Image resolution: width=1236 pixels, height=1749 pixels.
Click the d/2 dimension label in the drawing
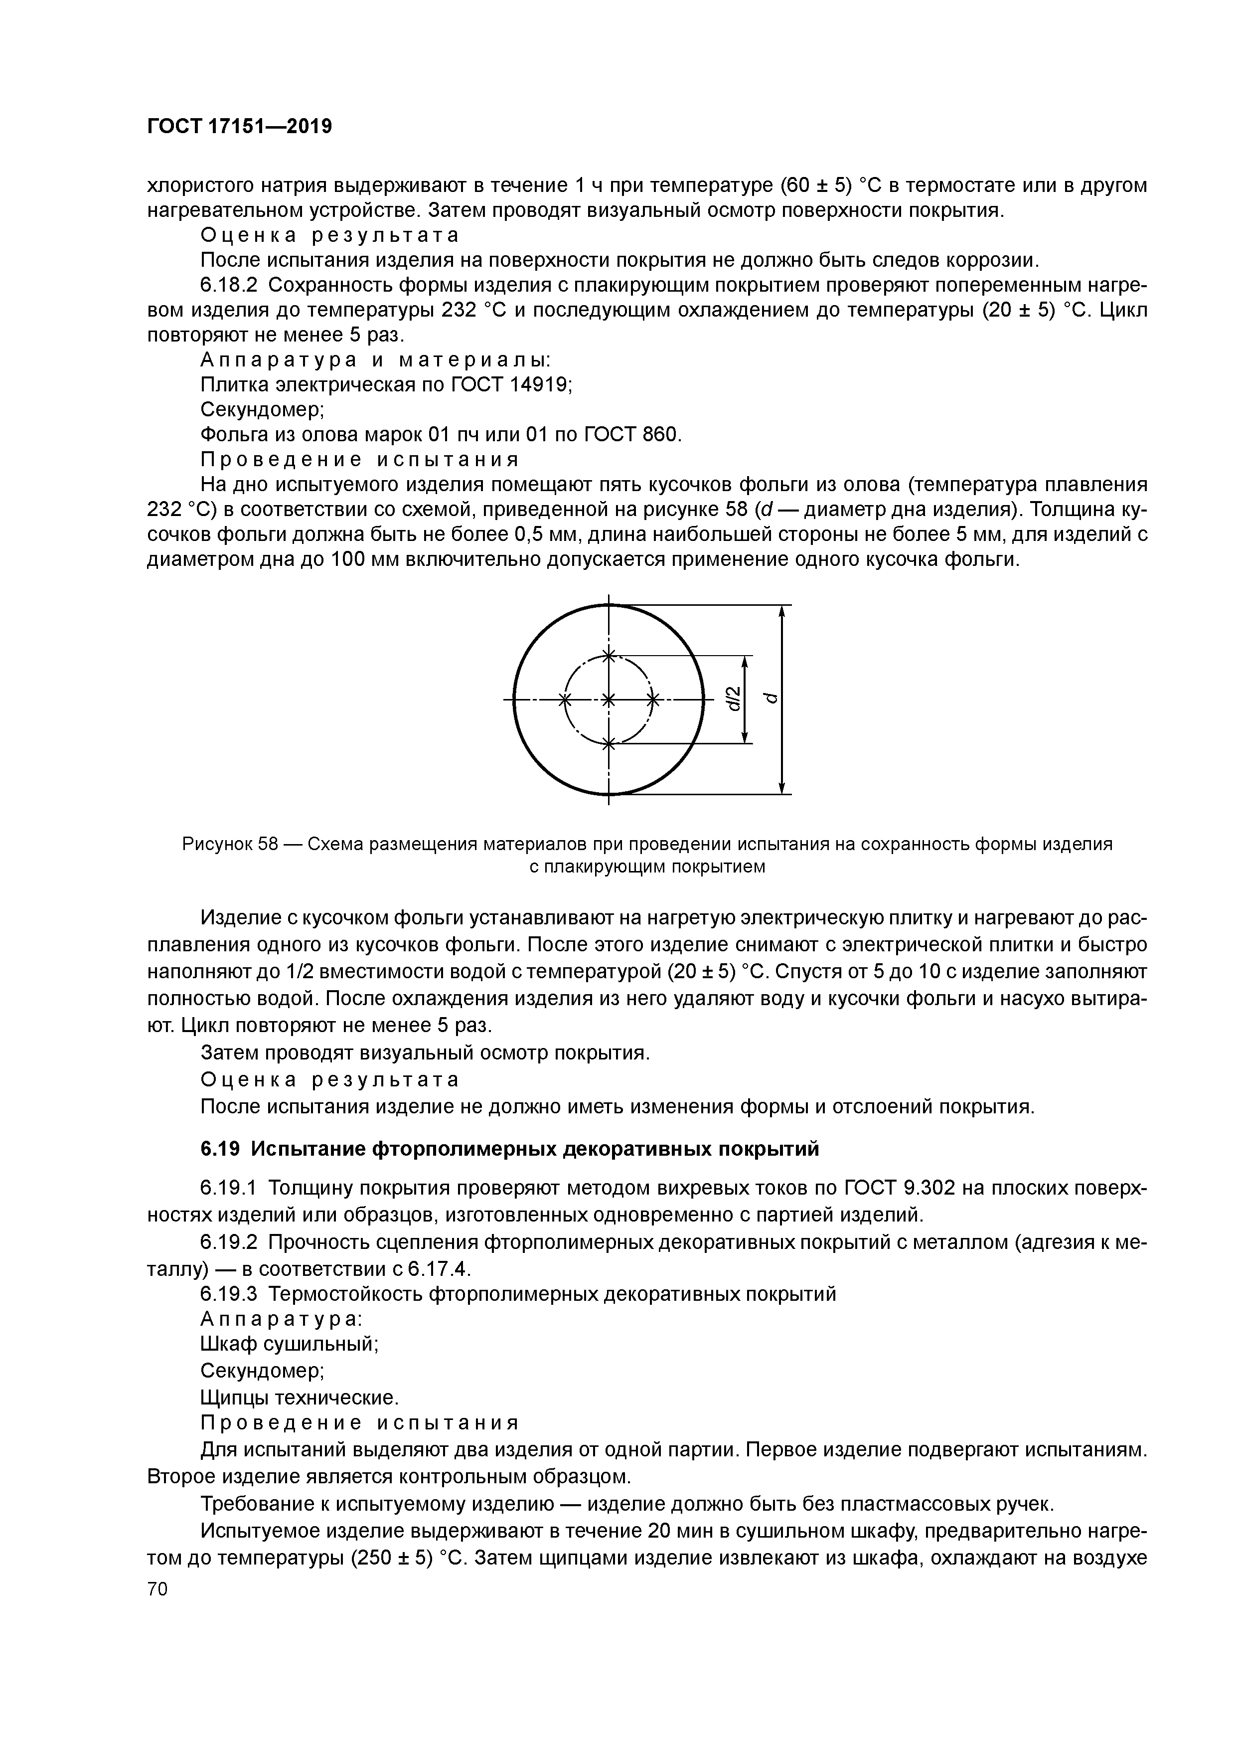point(732,699)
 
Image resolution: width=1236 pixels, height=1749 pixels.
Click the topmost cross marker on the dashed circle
point(608,655)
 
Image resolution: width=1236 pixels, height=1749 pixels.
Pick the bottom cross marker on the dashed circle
point(608,743)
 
